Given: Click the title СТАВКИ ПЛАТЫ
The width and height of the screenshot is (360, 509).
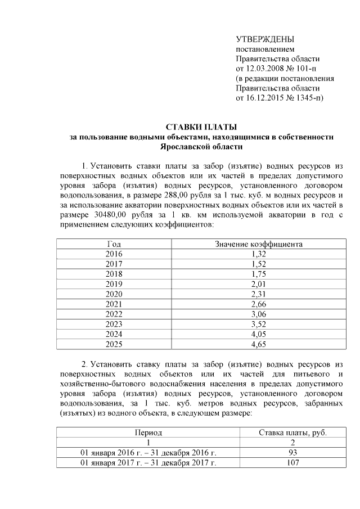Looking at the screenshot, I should (201, 127).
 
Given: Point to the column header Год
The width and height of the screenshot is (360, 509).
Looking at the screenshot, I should (114, 244).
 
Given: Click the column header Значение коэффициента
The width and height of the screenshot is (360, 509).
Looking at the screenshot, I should (259, 244).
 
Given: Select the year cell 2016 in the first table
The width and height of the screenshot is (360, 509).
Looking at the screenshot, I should (114, 254).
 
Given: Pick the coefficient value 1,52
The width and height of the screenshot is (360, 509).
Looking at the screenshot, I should (259, 264).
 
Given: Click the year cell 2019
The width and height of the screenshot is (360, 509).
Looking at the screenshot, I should (114, 284).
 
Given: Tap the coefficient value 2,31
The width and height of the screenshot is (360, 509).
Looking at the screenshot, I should (259, 294).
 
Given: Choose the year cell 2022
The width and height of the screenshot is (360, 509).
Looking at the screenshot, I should (114, 314).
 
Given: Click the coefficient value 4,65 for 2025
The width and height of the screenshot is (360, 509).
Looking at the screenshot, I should (259, 343).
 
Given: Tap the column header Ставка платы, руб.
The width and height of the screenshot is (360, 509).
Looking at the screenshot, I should (292, 433).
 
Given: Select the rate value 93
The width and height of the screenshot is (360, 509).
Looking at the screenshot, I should (292, 453).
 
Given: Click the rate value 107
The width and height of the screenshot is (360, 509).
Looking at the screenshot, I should (292, 463).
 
